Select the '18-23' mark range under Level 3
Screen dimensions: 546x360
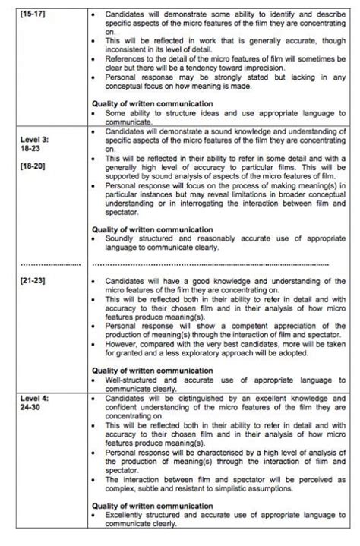tap(31, 150)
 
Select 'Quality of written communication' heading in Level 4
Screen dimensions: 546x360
tap(152, 505)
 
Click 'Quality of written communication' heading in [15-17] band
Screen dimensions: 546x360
tap(152, 103)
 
